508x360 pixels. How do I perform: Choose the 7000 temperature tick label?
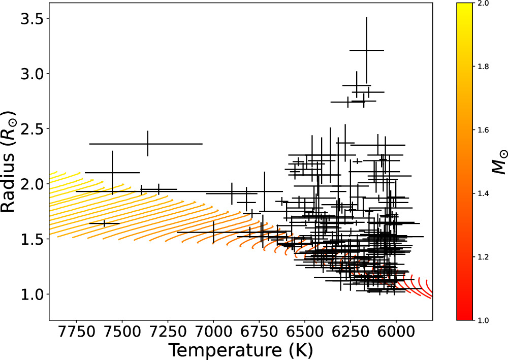[x=213, y=331]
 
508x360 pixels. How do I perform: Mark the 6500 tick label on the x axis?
[x=304, y=331]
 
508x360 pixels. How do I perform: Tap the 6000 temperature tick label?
[x=396, y=331]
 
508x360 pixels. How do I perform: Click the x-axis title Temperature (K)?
[x=240, y=350]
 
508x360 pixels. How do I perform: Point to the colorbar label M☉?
[x=500, y=161]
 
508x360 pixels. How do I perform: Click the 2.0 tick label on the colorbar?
[x=483, y=4]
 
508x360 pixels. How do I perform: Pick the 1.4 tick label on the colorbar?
[x=483, y=193]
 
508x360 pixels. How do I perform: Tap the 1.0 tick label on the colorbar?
[x=483, y=320]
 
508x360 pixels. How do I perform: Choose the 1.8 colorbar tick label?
[x=483, y=67]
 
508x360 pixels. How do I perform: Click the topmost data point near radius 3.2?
[x=366, y=50]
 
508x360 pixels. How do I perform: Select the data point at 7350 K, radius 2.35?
[x=147, y=144]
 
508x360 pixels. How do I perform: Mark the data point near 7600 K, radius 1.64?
[x=104, y=223]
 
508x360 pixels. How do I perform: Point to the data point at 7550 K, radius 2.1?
[x=112, y=173]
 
